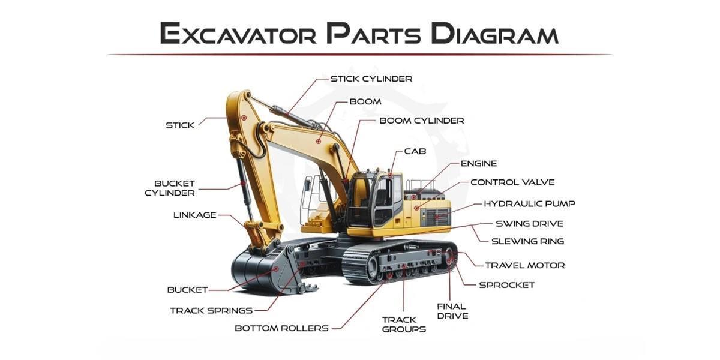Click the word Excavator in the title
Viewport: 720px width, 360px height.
pyautogui.click(x=238, y=33)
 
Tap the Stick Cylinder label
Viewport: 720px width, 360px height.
pyautogui.click(x=371, y=79)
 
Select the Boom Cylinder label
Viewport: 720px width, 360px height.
pyautogui.click(x=422, y=121)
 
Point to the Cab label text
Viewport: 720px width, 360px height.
pyautogui.click(x=415, y=151)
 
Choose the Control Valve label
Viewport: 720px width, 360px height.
pyautogui.click(x=512, y=182)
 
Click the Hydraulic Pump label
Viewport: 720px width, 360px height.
pyautogui.click(x=529, y=203)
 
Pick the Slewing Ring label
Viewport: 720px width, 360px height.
pyautogui.click(x=528, y=241)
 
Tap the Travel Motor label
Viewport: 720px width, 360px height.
pyautogui.click(x=525, y=265)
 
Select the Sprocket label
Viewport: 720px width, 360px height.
pyautogui.click(x=506, y=285)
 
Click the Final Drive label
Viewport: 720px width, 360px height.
pyautogui.click(x=452, y=311)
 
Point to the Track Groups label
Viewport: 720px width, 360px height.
pyautogui.click(x=404, y=325)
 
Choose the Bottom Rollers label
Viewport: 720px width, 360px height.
pyautogui.click(x=281, y=328)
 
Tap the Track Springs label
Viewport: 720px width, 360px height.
pyautogui.click(x=211, y=311)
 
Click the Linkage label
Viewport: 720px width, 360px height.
pyautogui.click(x=195, y=215)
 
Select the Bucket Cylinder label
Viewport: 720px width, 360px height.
pyautogui.click(x=170, y=188)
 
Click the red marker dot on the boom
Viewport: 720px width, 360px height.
pyautogui.click(x=318, y=142)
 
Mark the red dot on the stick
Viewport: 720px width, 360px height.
pyautogui.click(x=244, y=118)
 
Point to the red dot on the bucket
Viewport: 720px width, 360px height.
pyautogui.click(x=275, y=269)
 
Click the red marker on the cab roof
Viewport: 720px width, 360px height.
pyautogui.click(x=390, y=175)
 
